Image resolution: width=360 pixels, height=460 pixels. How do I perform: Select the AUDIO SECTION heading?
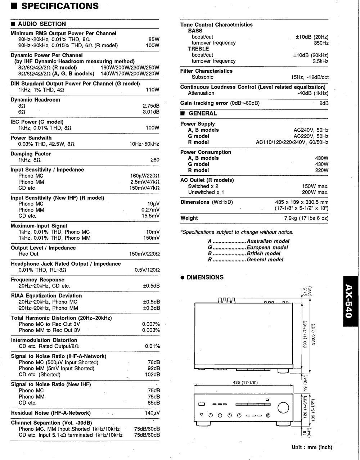tap(42, 24)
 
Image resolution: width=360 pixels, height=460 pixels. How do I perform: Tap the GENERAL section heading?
tap(203, 113)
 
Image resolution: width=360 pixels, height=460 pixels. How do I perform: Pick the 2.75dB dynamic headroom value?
tap(151, 106)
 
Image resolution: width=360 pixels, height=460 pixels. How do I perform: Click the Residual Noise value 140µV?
tap(152, 413)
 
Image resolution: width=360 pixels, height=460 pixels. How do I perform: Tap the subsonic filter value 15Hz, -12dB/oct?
tap(310, 77)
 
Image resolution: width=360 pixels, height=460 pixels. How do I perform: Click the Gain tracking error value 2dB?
tap(324, 103)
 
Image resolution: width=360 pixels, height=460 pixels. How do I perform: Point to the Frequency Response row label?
tap(38, 280)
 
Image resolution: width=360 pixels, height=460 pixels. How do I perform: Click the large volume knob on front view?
tap(283, 407)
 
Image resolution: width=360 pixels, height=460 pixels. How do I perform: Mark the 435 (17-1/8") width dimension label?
tap(243, 382)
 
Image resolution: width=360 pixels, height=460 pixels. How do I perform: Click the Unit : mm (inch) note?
tap(312, 447)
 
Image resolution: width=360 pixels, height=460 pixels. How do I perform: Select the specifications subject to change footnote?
tap(237, 232)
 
